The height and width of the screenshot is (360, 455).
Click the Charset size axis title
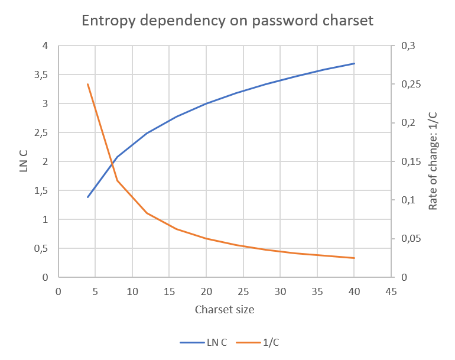(225, 309)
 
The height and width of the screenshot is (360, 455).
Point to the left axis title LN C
(24, 161)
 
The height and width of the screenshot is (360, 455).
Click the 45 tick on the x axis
(391, 291)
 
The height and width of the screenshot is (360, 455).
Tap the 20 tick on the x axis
(206, 291)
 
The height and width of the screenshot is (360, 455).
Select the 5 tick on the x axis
(95, 291)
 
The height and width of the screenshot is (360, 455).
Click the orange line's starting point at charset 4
(88, 85)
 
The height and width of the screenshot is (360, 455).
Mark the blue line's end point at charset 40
(354, 63)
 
